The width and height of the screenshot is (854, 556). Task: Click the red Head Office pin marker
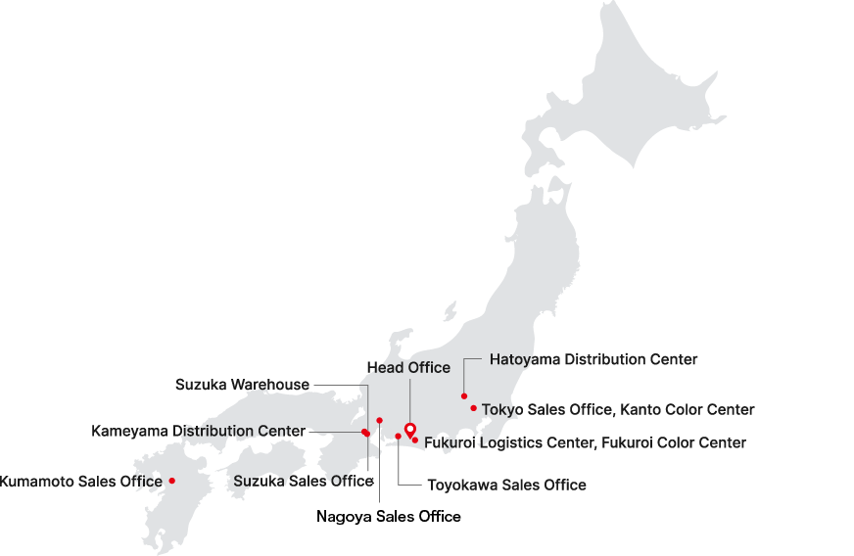410,428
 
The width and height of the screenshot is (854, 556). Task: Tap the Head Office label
408,368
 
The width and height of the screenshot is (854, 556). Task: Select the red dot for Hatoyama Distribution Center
464,396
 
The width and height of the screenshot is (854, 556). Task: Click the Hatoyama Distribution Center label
593,359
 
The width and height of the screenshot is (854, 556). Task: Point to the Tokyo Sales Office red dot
473,408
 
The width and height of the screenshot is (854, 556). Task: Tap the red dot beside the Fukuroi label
415,440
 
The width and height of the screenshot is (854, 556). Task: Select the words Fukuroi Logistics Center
506,443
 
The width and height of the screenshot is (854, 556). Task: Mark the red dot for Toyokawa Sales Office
398,437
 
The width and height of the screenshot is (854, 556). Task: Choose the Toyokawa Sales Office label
506,485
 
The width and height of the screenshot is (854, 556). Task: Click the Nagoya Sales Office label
388,517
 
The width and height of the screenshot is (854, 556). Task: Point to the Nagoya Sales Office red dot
379,420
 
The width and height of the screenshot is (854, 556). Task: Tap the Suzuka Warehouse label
243,384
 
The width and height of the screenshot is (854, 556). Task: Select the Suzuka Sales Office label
304,481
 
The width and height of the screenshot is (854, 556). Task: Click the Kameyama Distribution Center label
198,431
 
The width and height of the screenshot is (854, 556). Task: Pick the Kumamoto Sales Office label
79,481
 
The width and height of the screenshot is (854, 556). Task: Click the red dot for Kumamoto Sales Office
171,481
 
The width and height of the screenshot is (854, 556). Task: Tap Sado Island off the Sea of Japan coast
451,312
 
